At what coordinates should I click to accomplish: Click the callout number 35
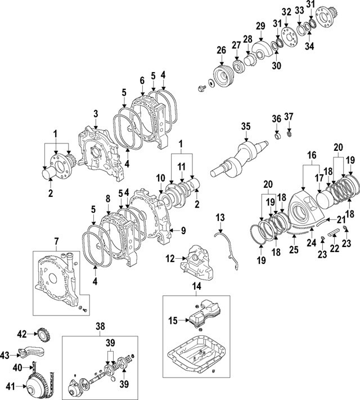245,127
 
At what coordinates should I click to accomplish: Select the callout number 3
96,114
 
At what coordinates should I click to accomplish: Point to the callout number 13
219,217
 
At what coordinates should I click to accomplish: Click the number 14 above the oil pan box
196,286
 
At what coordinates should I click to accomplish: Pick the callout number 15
174,320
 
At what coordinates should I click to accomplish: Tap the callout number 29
260,26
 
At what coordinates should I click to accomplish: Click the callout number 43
5,355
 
